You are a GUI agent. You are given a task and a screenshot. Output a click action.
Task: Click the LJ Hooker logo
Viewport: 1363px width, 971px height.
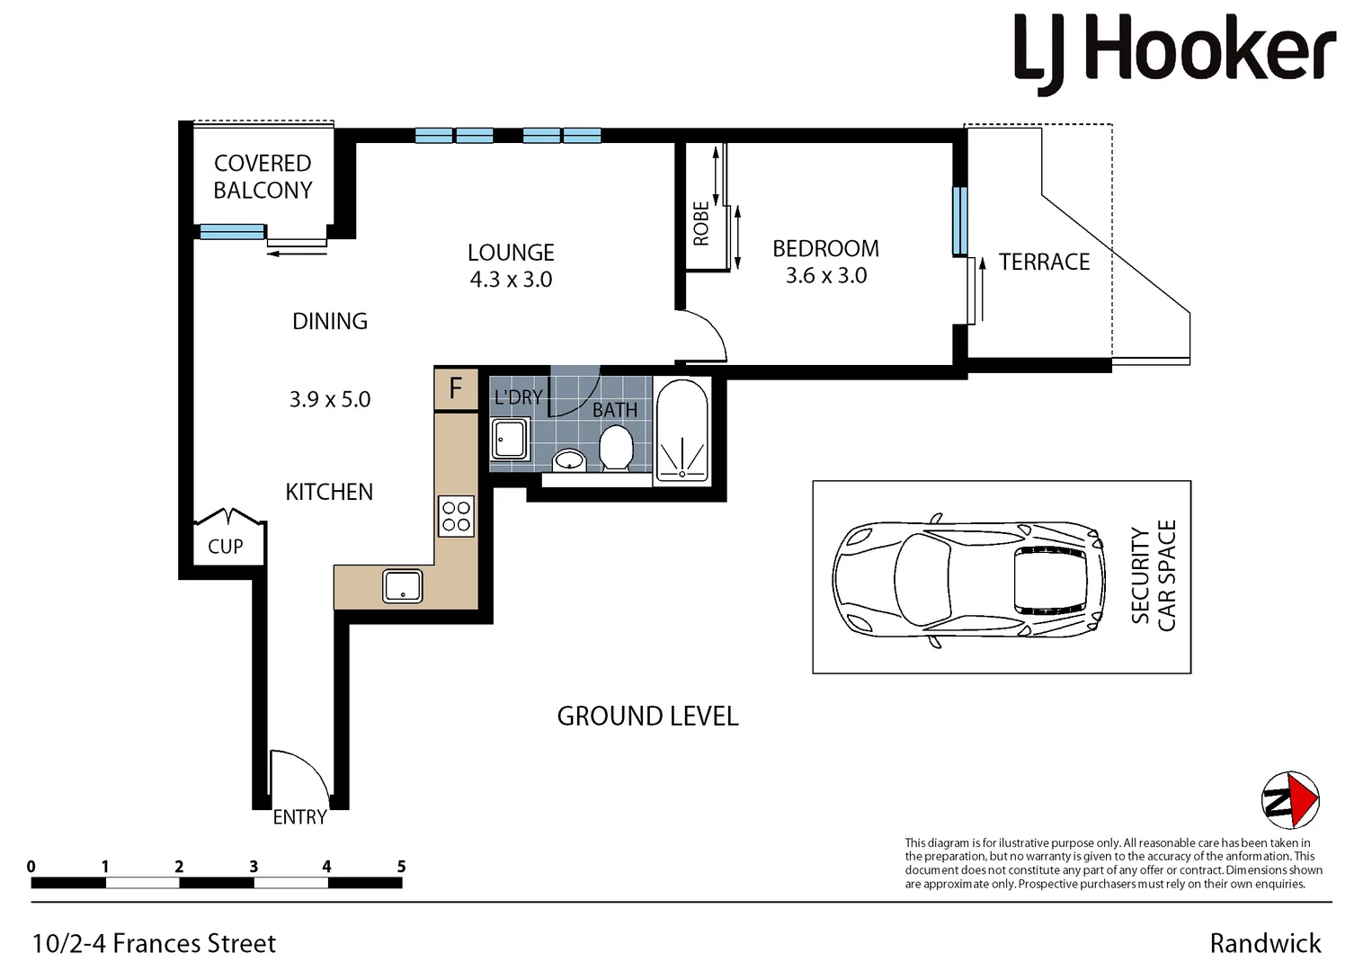pos(1174,53)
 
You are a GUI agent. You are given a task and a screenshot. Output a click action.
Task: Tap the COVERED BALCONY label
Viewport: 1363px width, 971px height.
pos(263,177)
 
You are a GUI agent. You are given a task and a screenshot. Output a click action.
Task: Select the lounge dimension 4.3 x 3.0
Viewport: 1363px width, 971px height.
pos(511,280)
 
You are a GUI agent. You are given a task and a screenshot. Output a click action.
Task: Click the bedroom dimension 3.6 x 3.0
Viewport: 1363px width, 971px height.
pos(825,276)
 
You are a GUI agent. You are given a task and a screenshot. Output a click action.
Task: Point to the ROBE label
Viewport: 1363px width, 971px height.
pos(701,223)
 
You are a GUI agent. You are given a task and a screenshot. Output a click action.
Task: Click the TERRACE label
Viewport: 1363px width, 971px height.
pos(1044,262)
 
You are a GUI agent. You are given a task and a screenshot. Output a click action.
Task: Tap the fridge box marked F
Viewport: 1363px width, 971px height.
pos(456,388)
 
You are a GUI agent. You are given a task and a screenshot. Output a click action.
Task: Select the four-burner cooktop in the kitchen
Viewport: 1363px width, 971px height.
pos(456,516)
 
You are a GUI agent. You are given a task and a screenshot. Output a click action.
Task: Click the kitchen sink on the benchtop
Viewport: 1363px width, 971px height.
pos(403,586)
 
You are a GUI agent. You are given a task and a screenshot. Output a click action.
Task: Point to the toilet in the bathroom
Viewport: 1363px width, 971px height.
pos(616,447)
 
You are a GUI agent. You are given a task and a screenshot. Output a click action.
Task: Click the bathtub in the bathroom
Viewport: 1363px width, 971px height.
pos(682,431)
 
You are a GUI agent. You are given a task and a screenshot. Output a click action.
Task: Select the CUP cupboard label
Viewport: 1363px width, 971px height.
pos(226,547)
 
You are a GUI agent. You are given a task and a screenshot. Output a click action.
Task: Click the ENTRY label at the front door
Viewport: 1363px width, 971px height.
pos(299,817)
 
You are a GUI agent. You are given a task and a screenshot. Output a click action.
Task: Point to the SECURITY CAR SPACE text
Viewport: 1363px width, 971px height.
pos(1154,576)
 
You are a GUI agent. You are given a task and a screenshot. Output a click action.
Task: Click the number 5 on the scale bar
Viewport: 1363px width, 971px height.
pos(401,867)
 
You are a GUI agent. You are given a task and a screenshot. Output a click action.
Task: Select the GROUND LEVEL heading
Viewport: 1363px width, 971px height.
pos(647,717)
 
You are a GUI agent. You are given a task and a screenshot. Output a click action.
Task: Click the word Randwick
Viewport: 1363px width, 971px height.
pos(1265,943)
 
